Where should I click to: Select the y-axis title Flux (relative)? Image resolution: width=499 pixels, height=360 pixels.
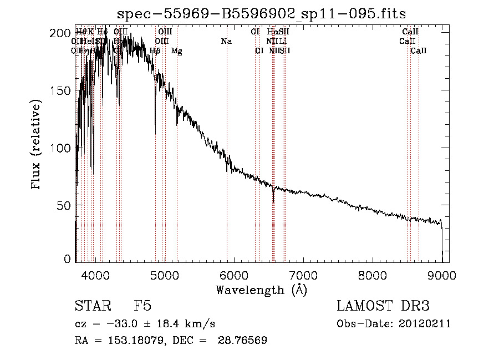point(37,145)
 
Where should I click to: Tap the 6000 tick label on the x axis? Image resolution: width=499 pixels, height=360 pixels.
point(234,274)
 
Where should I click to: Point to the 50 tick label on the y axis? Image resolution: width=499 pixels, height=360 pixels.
point(64,205)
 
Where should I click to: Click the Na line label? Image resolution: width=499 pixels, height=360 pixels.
point(226,41)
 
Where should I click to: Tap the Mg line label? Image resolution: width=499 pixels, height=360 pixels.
point(177,51)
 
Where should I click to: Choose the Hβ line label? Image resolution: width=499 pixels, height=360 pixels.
point(155,51)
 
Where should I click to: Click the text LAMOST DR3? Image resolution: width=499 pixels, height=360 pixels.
point(383,306)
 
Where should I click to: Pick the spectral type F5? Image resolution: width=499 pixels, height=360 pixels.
point(143,306)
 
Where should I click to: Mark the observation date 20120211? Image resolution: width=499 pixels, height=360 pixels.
point(424,324)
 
